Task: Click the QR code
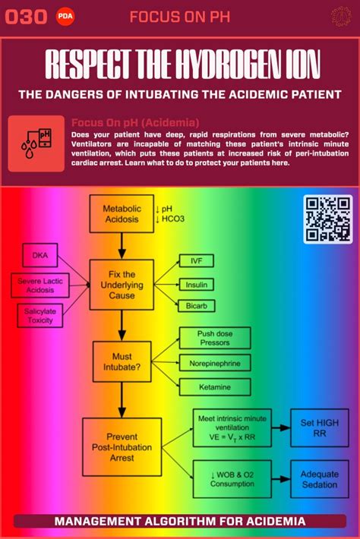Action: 328,219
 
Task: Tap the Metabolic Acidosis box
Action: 122,214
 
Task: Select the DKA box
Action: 39,257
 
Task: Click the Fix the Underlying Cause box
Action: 122,284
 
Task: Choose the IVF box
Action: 196,261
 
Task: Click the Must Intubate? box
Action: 122,361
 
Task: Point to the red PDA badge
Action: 65,17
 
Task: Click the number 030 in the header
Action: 26,17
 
